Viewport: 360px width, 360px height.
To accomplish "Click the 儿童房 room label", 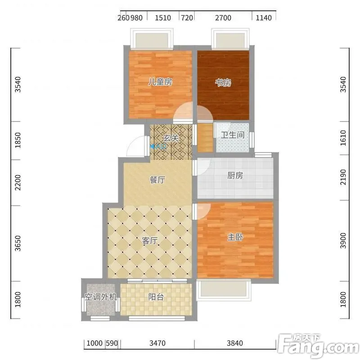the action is [x=160, y=82].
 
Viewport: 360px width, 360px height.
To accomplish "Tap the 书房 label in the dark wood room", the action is [x=223, y=83].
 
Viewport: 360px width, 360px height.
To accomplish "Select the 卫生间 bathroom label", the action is [x=233, y=135].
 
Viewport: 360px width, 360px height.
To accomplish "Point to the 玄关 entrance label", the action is [x=171, y=138].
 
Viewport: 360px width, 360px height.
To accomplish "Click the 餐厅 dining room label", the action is [x=157, y=180].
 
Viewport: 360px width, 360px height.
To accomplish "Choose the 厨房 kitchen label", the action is [x=235, y=175].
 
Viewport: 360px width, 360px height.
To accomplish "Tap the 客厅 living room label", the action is [x=150, y=241].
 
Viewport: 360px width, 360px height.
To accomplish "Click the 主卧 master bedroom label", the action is [x=235, y=237].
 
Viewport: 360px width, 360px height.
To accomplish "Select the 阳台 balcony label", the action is [x=156, y=297].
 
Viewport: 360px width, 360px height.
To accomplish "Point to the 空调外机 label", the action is [x=101, y=297].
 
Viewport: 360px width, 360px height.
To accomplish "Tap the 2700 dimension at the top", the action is [x=223, y=18].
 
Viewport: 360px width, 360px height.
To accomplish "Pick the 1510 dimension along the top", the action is [x=163, y=18].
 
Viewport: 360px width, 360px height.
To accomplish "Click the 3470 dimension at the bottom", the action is [x=157, y=343].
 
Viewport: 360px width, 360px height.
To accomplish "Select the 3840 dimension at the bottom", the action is [x=234, y=343].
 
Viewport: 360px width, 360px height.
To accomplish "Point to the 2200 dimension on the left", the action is [x=18, y=183].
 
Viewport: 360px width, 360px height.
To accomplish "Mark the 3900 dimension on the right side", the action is [x=343, y=240].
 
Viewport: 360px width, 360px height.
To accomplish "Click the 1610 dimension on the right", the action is [x=343, y=138].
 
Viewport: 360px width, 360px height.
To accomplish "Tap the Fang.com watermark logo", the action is [x=318, y=345].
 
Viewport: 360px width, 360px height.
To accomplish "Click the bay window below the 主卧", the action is [x=224, y=290].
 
